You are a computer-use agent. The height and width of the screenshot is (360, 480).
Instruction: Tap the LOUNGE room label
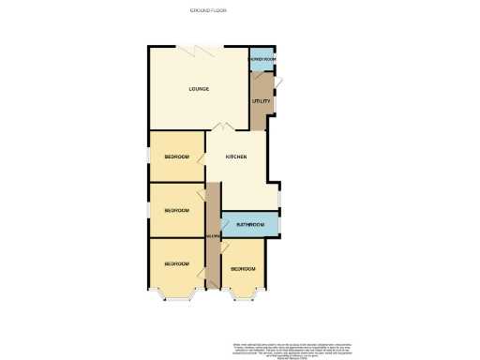[x=198, y=89]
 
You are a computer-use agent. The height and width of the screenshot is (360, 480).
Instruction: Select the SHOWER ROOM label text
[x=262, y=59]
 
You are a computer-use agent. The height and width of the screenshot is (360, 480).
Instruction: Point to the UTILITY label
[x=261, y=101]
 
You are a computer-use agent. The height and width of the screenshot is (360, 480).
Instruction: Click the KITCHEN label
[x=235, y=157]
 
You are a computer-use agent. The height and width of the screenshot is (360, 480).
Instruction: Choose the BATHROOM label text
[x=248, y=225]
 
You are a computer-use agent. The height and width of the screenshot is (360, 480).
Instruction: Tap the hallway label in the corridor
[x=213, y=235]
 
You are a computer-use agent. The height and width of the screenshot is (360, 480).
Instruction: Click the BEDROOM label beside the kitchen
[x=176, y=157]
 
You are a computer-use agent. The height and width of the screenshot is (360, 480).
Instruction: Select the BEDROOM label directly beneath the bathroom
[x=243, y=269]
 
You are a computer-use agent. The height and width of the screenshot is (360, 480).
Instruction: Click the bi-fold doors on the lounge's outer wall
[x=200, y=47]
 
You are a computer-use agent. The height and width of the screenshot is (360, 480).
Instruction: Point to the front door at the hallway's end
[x=213, y=286]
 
